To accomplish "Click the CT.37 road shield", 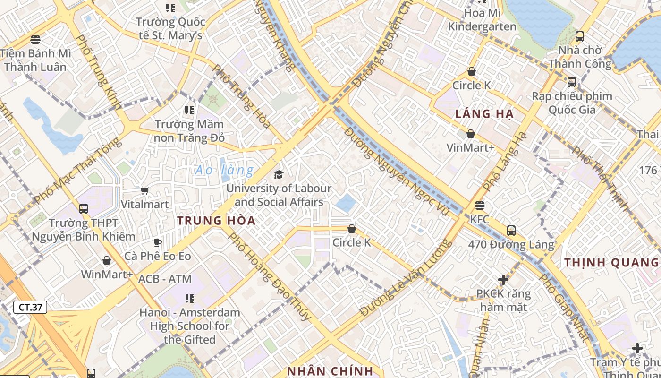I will (31, 307).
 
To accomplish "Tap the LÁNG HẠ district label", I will (484, 114).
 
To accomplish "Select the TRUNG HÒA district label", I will (216, 220).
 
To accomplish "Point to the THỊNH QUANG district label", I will (611, 263).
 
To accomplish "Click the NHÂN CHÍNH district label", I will (330, 371).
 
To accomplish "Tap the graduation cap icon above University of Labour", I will (279, 174).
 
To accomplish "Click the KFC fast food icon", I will (480, 206).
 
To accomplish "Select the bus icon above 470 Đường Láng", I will (511, 231).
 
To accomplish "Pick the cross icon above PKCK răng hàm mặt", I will (503, 280).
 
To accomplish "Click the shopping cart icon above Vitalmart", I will (145, 190).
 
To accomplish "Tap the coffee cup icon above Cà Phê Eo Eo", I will (158, 242).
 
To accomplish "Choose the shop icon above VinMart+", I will (470, 134).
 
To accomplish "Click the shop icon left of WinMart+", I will (107, 260).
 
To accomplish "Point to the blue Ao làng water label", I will (224, 170).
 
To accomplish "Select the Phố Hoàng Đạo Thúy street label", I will (269, 276).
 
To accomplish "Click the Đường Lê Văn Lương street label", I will (405, 279).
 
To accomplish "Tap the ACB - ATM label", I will (165, 279).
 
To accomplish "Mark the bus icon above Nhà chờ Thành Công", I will (579, 36).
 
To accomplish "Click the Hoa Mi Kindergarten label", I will (482, 19).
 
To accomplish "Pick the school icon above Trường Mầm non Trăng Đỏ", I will (189, 110).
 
